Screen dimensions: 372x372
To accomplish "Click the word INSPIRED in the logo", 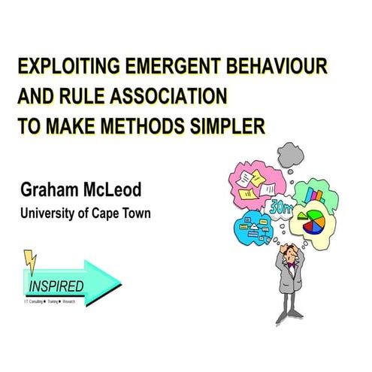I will pyautogui.click(x=56, y=286).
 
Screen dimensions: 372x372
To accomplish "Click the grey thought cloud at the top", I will pyautogui.click(x=291, y=154).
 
